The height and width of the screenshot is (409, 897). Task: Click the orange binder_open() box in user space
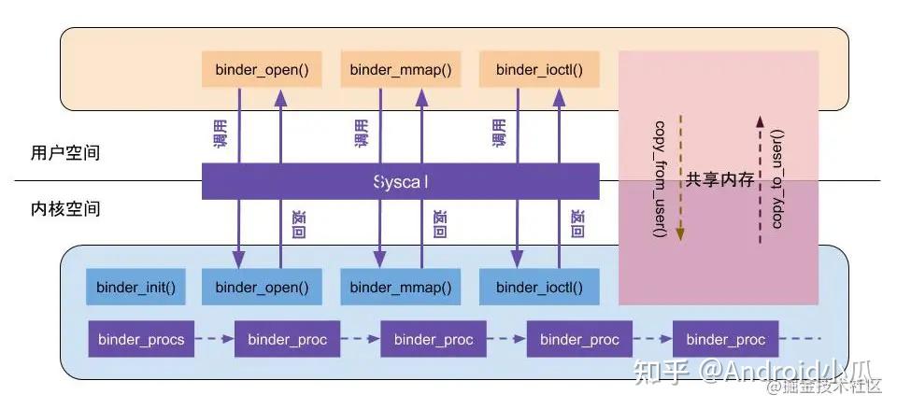[x=255, y=69]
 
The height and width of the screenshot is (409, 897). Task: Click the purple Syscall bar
[x=400, y=181]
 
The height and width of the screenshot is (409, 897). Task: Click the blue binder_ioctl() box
[x=540, y=286]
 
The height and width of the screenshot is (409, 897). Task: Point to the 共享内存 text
[x=719, y=180]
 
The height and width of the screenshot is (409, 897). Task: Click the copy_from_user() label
[x=660, y=177]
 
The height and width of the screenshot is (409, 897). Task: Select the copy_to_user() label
[x=778, y=177]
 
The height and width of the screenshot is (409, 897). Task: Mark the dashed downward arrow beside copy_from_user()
[x=679, y=177]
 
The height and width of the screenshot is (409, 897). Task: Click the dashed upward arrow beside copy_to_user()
[x=759, y=177]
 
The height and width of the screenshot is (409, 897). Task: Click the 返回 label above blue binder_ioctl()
[x=577, y=224]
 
